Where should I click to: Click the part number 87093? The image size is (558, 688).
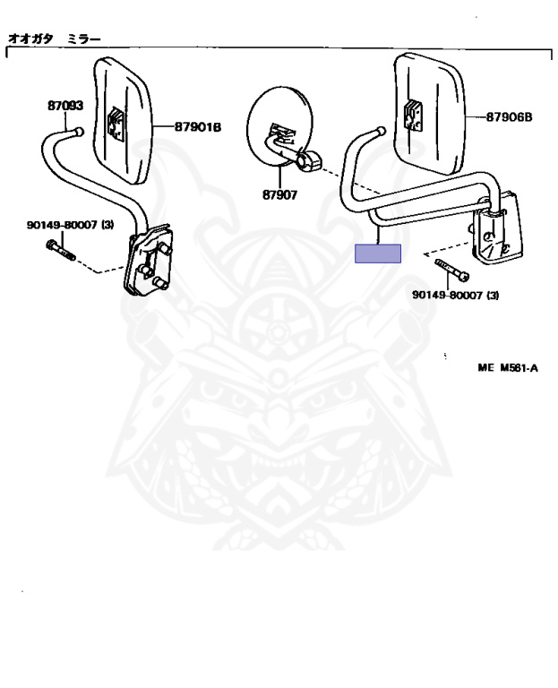65,106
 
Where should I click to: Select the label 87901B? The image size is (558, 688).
198,127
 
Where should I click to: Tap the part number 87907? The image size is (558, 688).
279,194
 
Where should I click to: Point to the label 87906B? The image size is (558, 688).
509,117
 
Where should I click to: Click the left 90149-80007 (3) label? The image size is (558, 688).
70,225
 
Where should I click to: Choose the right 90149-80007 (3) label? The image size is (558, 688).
455,296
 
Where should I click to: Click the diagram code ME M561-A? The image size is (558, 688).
508,367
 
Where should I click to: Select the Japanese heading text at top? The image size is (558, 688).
55,39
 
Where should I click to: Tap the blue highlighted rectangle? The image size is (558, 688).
378,254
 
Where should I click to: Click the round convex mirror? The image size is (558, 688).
279,126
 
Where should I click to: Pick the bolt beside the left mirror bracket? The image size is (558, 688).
61,250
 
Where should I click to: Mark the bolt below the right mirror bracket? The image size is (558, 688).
451,270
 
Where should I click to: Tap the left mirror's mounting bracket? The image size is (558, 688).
149,260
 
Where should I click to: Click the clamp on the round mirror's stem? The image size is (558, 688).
309,160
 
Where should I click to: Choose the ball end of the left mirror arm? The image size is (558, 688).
79,131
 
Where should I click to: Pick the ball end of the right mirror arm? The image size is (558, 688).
382,131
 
